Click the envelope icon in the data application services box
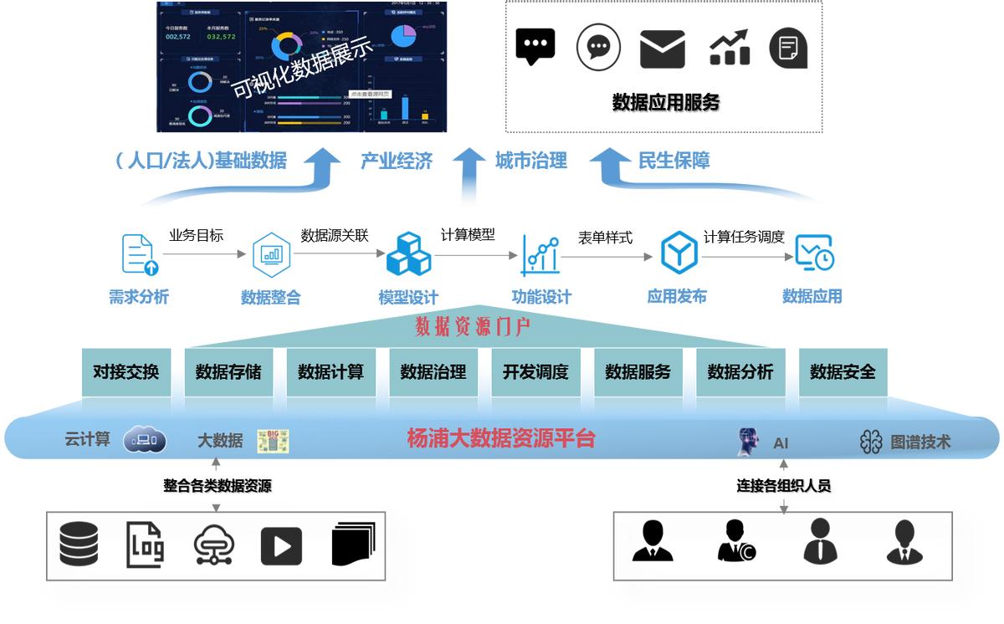[662, 48]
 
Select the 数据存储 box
[228, 372]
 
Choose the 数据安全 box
[843, 372]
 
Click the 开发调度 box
[535, 372]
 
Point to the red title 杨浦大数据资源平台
[500, 438]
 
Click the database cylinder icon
[79, 544]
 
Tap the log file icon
[145, 545]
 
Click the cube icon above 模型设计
[408, 254]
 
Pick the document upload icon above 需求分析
[140, 254]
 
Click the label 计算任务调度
[744, 237]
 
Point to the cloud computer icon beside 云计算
[145, 439]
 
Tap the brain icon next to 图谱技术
[871, 442]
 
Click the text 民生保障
[674, 161]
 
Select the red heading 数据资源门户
[473, 326]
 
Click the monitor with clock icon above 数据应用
[813, 253]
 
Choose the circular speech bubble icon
[598, 47]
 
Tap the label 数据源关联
[335, 235]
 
